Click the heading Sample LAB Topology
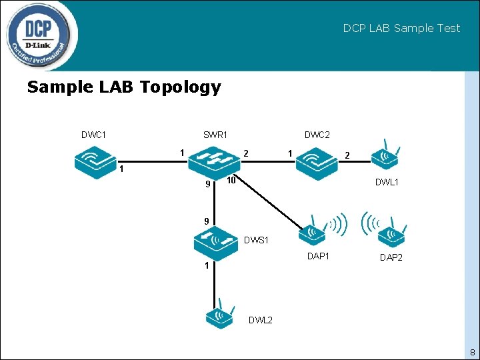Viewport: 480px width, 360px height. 124,87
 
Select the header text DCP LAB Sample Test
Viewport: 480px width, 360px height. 401,28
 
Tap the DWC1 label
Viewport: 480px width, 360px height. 94,135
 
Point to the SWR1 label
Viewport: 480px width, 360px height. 215,135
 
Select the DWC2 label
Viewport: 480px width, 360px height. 317,135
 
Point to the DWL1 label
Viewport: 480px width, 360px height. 387,182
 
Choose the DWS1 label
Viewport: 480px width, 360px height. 256,240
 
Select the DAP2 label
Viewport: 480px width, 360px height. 391,257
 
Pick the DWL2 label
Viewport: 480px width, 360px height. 261,320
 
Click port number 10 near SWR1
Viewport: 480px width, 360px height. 231,181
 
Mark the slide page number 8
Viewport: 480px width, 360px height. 472,352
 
